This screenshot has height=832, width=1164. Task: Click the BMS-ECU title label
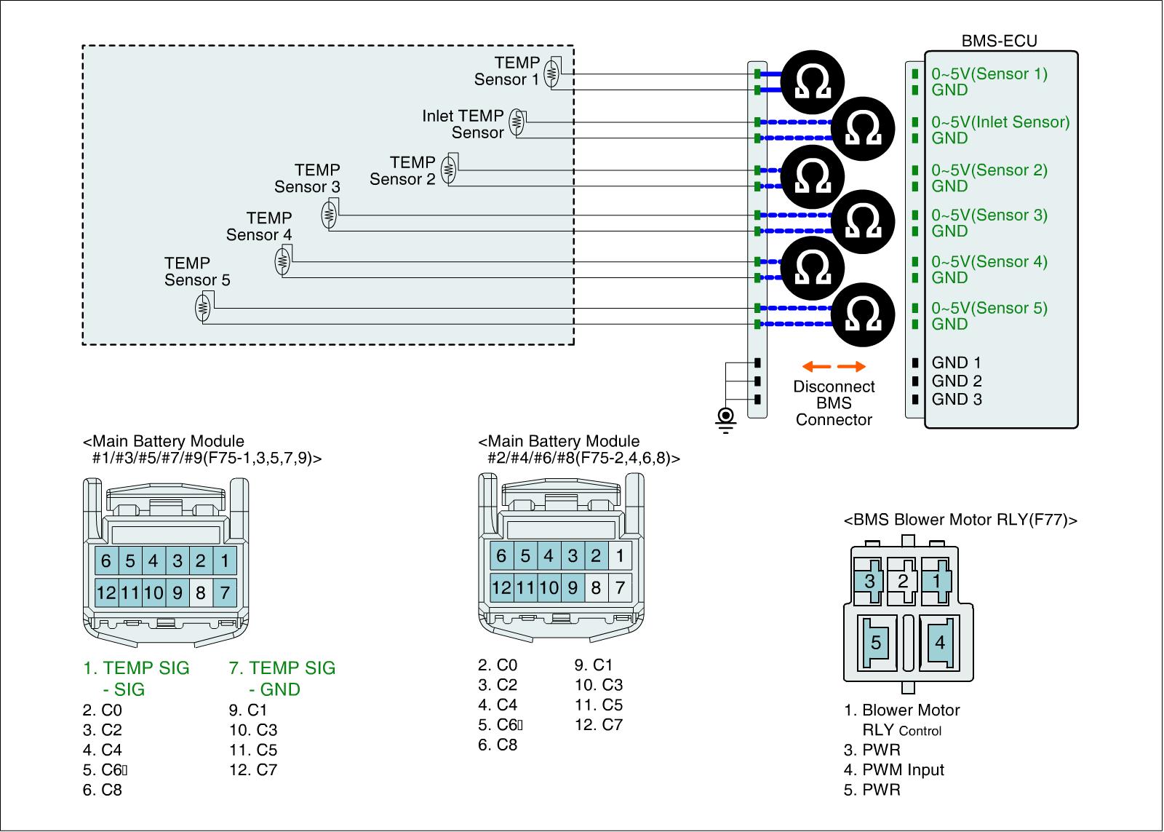pos(999,41)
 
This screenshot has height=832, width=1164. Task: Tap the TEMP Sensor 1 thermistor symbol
pos(551,73)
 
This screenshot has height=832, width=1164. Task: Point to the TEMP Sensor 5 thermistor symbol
pos(203,307)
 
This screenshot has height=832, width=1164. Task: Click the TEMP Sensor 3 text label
pos(307,178)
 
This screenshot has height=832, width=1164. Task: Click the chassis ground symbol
pos(725,419)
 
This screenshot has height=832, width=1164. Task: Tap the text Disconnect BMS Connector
pos(834,403)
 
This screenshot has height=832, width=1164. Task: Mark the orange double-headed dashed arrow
pos(834,366)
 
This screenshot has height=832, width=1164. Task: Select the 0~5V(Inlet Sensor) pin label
pos(1000,122)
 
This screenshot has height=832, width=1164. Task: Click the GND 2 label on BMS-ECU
pos(957,381)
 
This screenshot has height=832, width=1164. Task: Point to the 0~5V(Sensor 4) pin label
pos(989,261)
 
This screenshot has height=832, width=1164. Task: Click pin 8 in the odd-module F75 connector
pos(201,593)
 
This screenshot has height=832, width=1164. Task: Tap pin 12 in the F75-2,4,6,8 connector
pos(501,587)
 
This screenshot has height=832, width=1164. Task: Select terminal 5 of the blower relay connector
pos(876,643)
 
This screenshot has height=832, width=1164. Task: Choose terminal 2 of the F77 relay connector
pos(903,581)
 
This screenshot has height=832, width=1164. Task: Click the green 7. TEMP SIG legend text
pos(282,668)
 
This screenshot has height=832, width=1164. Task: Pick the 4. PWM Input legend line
pos(893,770)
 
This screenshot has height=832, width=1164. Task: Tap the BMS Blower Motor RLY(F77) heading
pos(960,520)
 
